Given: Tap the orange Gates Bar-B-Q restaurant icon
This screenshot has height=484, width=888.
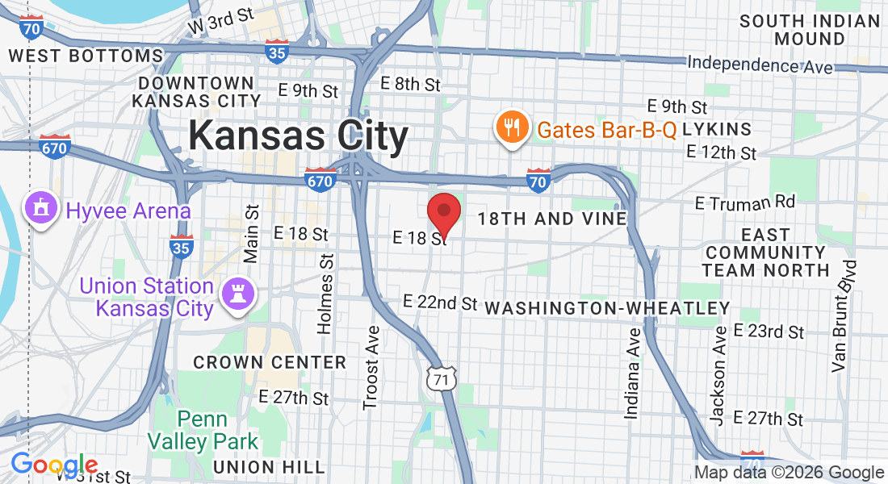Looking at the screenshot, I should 512,127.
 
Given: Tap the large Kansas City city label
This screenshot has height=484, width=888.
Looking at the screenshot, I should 298,136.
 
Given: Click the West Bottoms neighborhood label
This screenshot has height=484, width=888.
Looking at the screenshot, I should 86,56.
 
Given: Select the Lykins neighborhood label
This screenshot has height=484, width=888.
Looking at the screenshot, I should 717,129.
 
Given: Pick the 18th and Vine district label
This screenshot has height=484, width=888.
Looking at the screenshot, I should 551,219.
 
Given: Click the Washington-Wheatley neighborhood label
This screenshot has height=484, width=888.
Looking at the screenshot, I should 607,308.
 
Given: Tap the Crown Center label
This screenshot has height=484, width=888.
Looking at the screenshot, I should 270,363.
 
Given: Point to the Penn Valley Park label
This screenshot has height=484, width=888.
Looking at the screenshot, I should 203,431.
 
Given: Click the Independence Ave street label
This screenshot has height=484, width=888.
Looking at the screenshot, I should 760,64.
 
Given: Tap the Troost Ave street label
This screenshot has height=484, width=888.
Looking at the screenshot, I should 371,367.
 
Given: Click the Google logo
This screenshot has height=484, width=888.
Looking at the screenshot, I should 53,465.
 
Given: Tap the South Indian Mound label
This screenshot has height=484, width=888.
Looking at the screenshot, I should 809,30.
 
